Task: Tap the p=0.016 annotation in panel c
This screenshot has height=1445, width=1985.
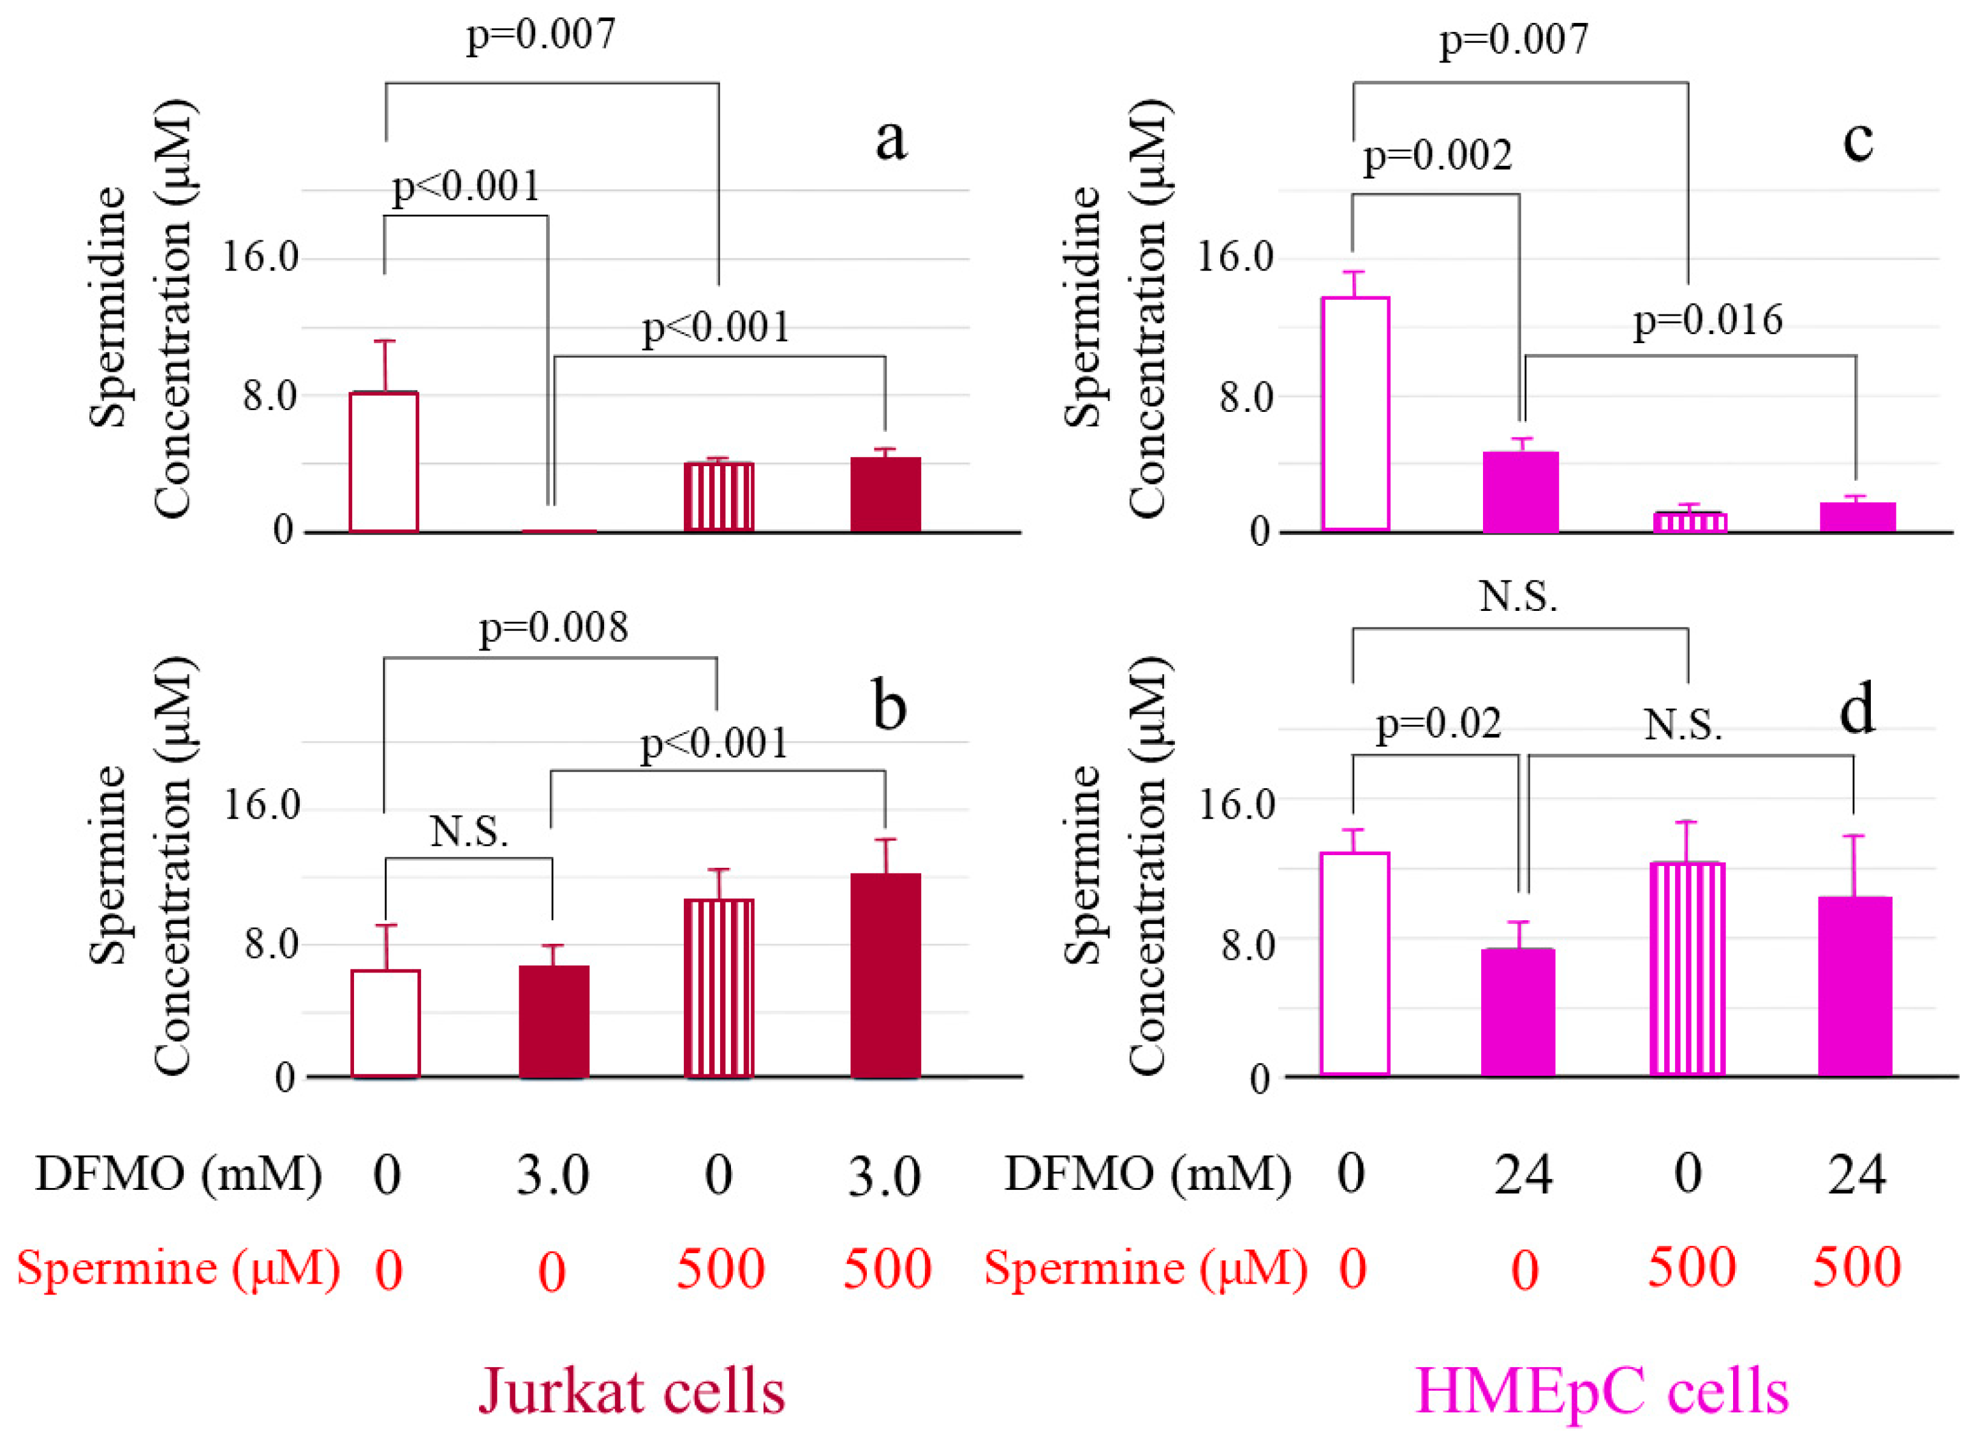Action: (1708, 320)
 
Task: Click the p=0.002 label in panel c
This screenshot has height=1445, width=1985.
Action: (1438, 156)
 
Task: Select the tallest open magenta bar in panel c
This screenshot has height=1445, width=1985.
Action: (1355, 413)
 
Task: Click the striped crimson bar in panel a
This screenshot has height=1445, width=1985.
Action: (719, 496)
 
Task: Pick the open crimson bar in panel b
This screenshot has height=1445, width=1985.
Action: (385, 1022)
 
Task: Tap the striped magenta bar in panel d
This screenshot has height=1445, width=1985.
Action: (1686, 968)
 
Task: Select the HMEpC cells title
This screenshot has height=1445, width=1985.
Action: (1602, 1391)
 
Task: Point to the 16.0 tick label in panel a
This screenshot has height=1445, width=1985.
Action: (260, 258)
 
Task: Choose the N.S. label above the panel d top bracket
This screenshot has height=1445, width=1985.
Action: (1519, 597)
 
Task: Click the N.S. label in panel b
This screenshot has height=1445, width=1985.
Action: (469, 832)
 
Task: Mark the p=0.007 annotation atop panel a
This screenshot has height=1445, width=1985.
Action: (541, 35)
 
